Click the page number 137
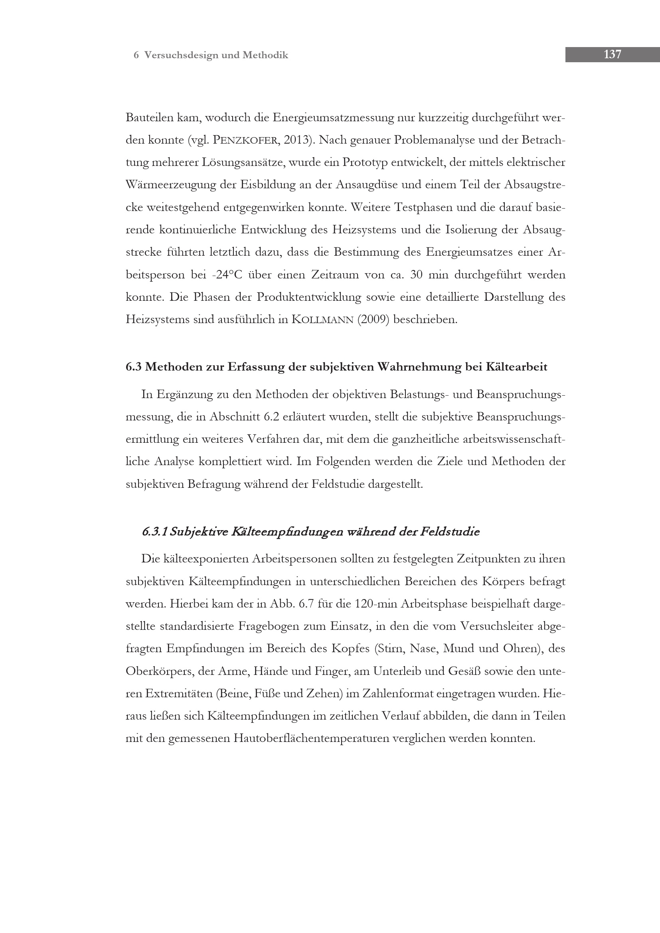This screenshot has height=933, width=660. click(612, 55)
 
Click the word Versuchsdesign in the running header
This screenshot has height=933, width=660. click(182, 55)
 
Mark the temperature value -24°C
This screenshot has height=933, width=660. click(227, 275)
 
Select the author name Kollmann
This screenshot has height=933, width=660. click(322, 320)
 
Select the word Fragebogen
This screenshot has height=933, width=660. click(269, 626)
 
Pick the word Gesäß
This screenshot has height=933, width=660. click(464, 671)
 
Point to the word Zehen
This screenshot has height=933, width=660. click(322, 694)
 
